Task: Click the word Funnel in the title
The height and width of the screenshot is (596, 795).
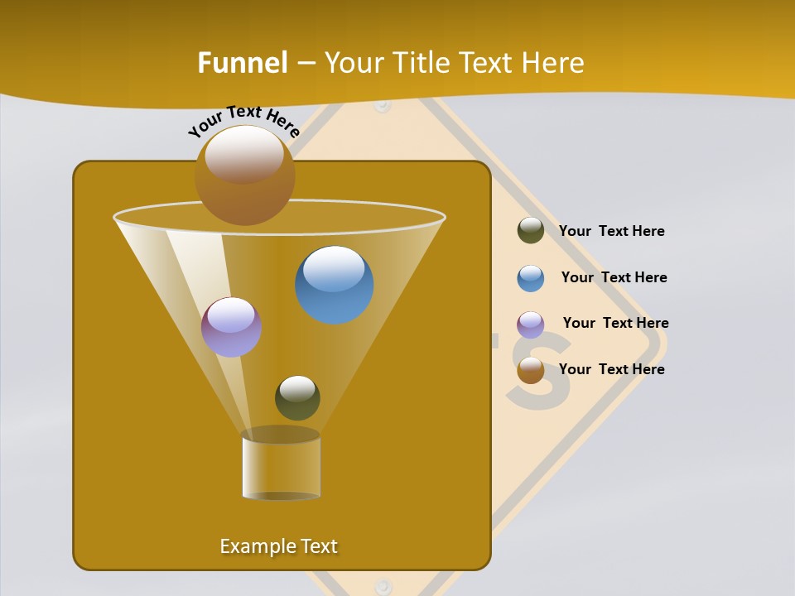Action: (243, 63)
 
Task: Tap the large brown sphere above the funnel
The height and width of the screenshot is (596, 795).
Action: (244, 175)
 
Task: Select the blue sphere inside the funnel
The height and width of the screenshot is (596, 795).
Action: (334, 284)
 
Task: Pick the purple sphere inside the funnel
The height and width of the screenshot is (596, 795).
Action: (231, 327)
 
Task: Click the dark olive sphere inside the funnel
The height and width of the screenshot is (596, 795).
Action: (297, 397)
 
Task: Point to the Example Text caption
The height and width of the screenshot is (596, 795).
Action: (279, 546)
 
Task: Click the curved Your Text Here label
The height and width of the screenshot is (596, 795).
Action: (244, 121)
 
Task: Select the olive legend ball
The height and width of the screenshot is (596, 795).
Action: (531, 230)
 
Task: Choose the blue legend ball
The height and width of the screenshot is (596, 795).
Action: (531, 278)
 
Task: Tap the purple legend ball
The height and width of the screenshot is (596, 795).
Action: (531, 324)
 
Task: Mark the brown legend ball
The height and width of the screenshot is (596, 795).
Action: (531, 370)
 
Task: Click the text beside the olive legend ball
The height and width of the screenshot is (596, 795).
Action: (611, 231)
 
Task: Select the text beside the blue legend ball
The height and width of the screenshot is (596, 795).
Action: (614, 277)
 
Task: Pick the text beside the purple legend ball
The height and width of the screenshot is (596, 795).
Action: (615, 323)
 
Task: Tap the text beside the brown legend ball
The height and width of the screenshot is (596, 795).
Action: (611, 369)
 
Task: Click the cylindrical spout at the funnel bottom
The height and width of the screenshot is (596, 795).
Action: (281, 465)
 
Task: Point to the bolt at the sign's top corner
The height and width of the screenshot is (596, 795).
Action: (382, 105)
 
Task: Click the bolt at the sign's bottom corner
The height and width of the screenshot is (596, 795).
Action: (382, 586)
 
